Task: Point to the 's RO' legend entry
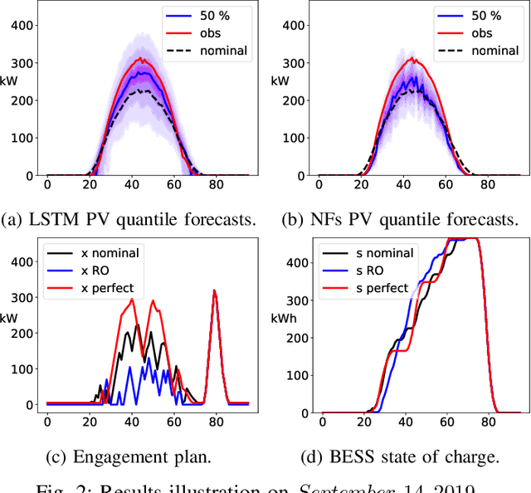[x=365, y=271]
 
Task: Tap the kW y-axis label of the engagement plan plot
[x=11, y=318]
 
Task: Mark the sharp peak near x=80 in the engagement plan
[x=215, y=292]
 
